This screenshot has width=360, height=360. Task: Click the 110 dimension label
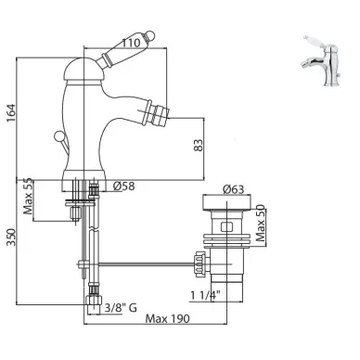click(131, 43)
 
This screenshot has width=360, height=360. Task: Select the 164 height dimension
click(11, 113)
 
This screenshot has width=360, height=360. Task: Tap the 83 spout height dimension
click(199, 145)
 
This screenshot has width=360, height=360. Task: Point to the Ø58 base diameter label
click(124, 186)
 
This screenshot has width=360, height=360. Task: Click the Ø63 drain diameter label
click(233, 189)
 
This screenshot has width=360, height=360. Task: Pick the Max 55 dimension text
click(28, 197)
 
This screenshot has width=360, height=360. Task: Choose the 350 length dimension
click(11, 238)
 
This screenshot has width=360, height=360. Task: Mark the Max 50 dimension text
click(261, 223)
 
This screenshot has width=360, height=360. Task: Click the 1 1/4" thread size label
click(205, 296)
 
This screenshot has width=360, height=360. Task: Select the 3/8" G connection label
click(121, 308)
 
